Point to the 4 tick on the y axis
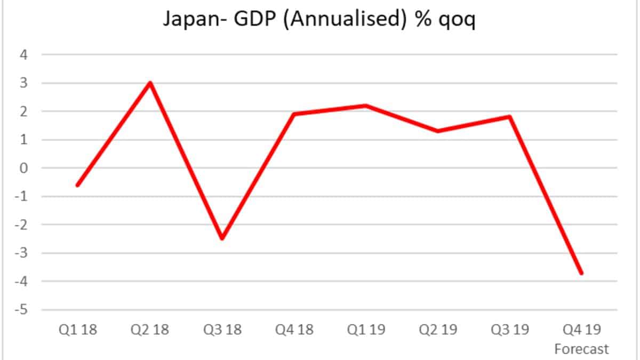click(x=24, y=54)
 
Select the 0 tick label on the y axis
click(x=24, y=168)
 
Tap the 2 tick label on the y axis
click(x=24, y=111)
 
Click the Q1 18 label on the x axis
click(x=78, y=330)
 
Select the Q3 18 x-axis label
click(x=222, y=330)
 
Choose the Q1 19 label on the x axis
click(x=366, y=330)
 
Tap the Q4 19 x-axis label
click(x=582, y=330)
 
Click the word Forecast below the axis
click(x=582, y=349)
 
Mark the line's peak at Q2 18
click(x=150, y=83)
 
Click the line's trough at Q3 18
click(x=222, y=238)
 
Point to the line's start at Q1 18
click(x=78, y=185)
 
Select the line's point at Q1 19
click(x=366, y=106)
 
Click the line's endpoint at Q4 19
click(x=581, y=273)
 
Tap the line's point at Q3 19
click(x=510, y=117)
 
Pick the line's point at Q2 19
click(x=438, y=131)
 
